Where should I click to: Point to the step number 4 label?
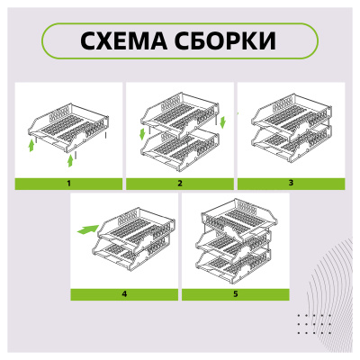coord(123,294)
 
